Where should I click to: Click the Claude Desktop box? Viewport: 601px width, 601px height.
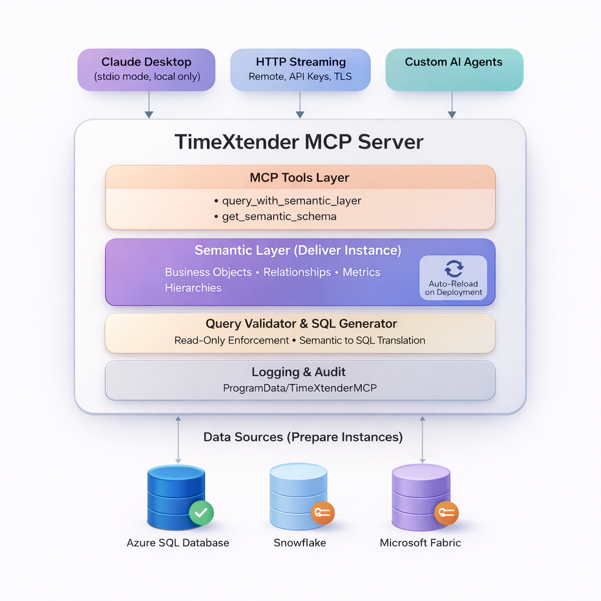click(147, 69)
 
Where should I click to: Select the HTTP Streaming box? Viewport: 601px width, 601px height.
click(300, 69)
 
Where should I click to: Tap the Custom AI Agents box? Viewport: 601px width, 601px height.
click(454, 69)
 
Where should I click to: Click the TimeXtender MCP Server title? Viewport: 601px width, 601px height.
click(299, 142)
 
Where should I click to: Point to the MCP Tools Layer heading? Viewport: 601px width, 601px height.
click(299, 177)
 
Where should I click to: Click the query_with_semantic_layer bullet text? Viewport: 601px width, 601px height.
click(291, 201)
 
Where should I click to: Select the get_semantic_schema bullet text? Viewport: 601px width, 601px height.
click(279, 217)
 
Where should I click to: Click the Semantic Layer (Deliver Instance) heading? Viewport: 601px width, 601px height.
click(298, 251)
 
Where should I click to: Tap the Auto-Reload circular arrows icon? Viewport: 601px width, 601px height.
click(454, 268)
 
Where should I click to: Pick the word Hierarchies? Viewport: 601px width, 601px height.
click(193, 288)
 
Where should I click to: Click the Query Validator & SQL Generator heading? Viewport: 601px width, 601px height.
click(300, 323)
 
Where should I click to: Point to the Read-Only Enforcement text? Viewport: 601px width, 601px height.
click(232, 340)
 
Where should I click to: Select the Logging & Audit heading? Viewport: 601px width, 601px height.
click(299, 372)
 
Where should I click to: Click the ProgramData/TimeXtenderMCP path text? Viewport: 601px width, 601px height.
click(299, 388)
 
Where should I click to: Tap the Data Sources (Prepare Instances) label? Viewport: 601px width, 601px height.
click(303, 437)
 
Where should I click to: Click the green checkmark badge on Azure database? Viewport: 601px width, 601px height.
click(201, 512)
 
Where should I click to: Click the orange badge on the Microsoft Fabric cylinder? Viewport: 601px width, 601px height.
click(446, 512)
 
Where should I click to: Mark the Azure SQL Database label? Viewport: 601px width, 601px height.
click(178, 543)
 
